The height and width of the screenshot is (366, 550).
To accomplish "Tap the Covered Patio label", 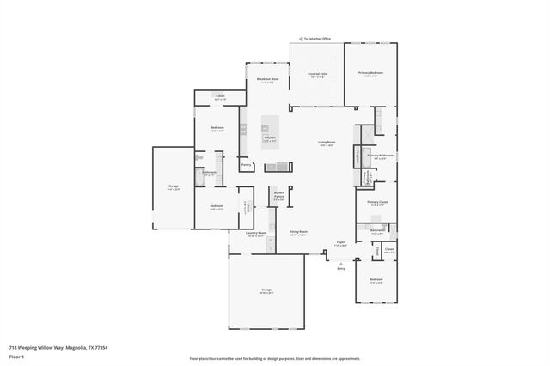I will [x=317, y=75].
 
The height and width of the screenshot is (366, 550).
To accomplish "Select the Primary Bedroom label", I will [x=371, y=74].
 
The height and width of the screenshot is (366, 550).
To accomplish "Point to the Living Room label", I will [x=327, y=143].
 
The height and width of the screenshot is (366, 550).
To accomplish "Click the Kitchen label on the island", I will [x=269, y=137].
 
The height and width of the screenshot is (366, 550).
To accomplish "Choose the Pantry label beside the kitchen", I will [x=246, y=164].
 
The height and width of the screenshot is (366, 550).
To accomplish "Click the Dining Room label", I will [x=298, y=232].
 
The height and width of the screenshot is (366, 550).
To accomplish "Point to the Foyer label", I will [x=340, y=243].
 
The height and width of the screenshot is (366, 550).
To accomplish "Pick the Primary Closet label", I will [x=377, y=203].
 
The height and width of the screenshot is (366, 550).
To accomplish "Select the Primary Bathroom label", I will [x=380, y=156].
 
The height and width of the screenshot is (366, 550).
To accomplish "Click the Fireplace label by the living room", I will [x=356, y=157].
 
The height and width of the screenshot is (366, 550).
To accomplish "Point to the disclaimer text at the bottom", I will [x=274, y=358].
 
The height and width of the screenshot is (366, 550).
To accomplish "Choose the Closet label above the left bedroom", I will [x=220, y=96].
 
